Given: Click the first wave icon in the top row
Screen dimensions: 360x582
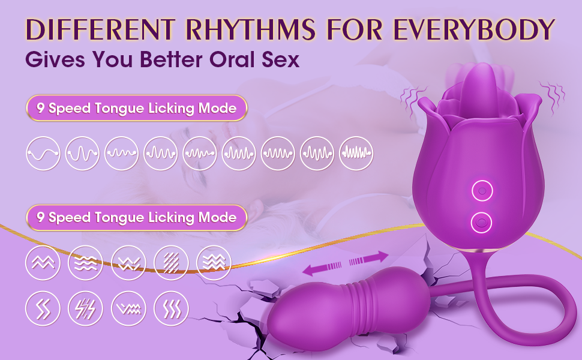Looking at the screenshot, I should point(43,154).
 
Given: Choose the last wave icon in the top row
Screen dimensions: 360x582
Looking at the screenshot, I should point(356,154).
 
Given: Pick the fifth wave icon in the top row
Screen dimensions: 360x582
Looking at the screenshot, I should point(200,154).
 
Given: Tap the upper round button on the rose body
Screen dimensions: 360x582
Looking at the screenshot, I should point(480,191).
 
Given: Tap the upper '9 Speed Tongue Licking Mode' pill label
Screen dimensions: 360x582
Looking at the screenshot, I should point(137,109).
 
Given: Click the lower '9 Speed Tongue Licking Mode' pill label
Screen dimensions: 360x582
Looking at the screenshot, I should point(137,217).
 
